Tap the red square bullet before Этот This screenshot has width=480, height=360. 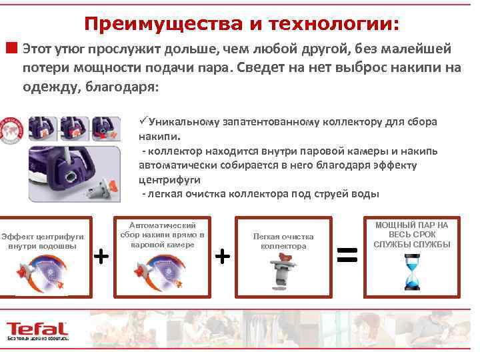(11, 48)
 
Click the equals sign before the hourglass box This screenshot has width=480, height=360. (347, 253)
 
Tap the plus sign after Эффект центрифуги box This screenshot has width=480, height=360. (101, 255)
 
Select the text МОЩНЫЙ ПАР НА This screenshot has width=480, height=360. (412, 225)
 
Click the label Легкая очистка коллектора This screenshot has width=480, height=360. (283, 241)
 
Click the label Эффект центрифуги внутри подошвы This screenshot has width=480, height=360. (43, 241)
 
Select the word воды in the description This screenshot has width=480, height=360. (366, 194)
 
